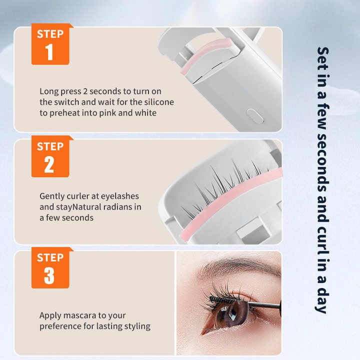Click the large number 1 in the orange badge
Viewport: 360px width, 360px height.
[49, 52]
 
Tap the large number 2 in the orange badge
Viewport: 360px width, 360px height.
[49, 164]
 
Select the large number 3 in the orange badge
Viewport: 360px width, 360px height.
[49, 275]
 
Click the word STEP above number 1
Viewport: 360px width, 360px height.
[50, 34]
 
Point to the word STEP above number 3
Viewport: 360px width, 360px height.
[50, 258]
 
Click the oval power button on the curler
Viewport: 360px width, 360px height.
[255, 116]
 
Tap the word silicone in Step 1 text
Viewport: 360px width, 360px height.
[157, 102]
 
